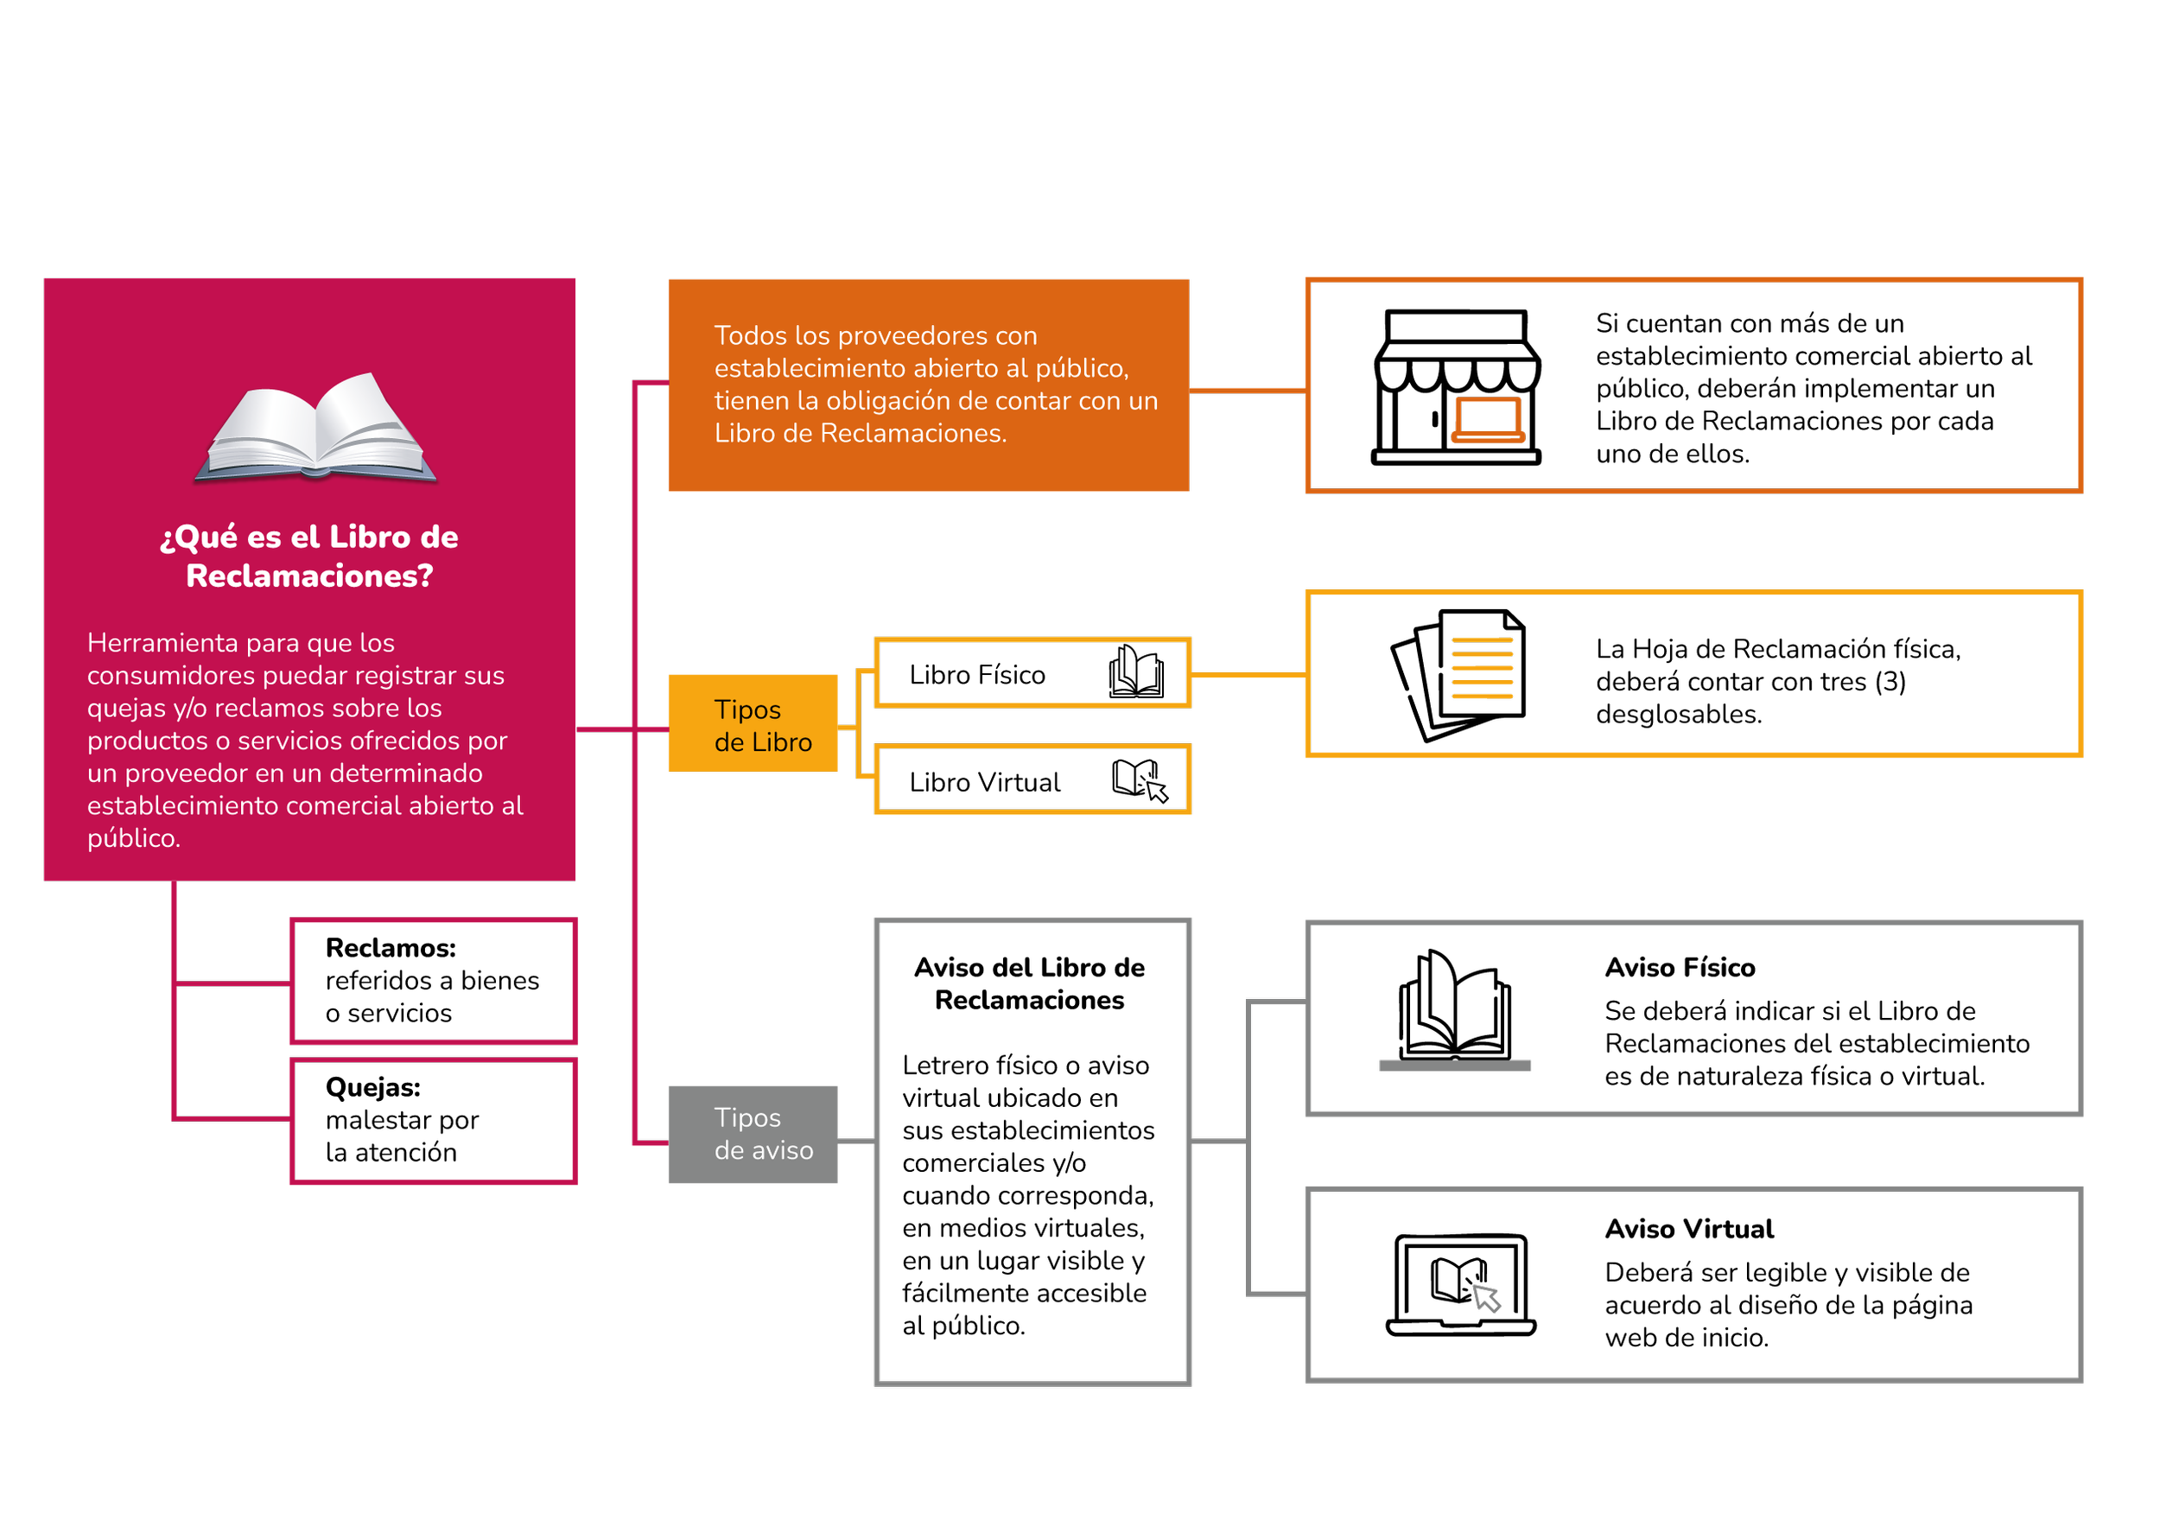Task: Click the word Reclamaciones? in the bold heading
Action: point(309,576)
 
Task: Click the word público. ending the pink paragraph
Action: point(134,838)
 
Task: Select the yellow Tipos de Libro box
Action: point(753,723)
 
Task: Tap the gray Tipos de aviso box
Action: point(753,1134)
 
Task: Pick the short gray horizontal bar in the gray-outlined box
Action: point(1454,1066)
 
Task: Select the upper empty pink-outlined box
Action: point(434,982)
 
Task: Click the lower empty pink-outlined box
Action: point(434,1121)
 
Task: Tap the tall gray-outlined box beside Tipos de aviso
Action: point(1033,1152)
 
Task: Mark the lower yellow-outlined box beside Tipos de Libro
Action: point(1033,779)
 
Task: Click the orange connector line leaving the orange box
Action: point(1247,389)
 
